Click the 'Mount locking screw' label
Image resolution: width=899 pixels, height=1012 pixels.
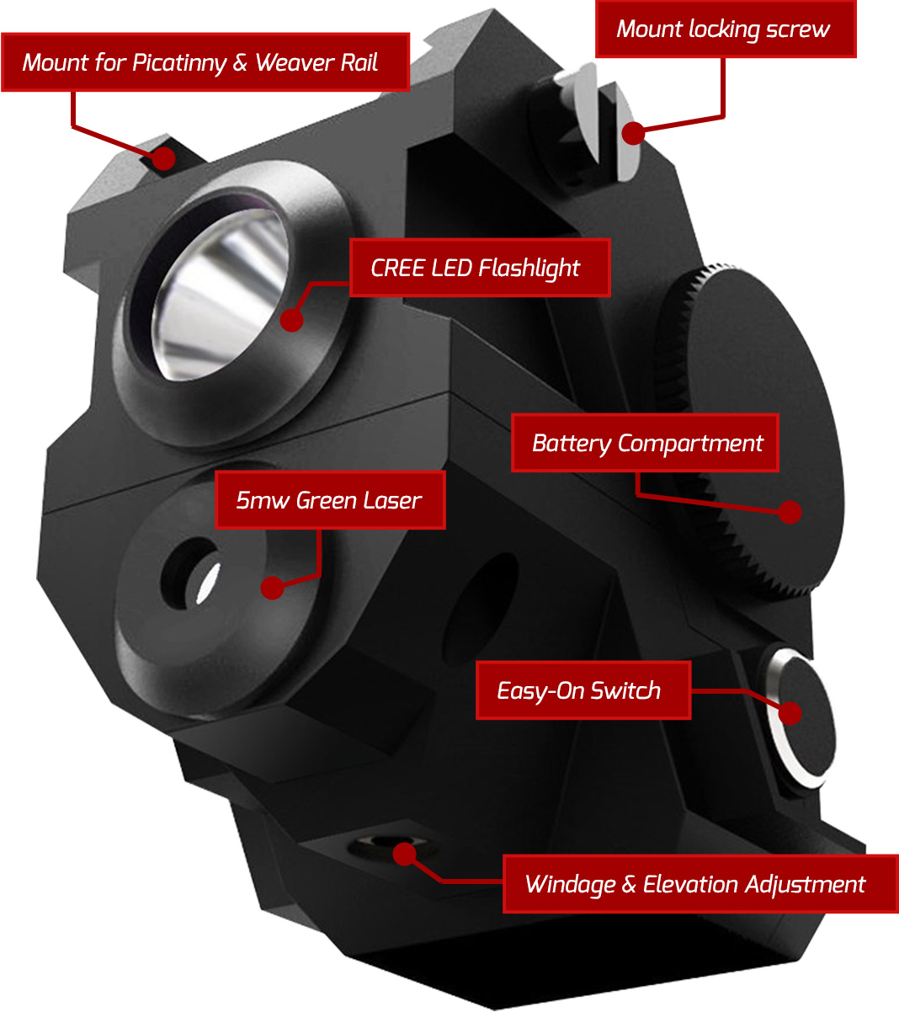(726, 29)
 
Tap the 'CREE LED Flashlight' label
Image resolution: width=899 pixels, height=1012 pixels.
(480, 268)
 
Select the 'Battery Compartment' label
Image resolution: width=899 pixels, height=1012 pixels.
(645, 443)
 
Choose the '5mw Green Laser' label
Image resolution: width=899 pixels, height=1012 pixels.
(330, 500)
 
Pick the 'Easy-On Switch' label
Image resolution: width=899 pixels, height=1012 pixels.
(583, 691)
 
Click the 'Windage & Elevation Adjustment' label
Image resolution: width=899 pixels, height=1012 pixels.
(700, 885)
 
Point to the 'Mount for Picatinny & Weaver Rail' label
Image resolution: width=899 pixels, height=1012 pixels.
(205, 62)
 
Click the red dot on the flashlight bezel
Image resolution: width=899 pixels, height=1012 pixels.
(292, 320)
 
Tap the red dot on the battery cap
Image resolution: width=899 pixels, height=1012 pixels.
(790, 513)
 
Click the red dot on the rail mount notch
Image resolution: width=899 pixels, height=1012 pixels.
(163, 158)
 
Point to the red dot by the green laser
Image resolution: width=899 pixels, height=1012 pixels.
(273, 588)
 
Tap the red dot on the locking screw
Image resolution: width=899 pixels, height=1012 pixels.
(633, 133)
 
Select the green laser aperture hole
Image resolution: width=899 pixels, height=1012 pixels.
(191, 573)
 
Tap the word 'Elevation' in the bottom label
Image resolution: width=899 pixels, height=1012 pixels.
(689, 885)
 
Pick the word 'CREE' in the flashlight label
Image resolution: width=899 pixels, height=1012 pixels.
(398, 269)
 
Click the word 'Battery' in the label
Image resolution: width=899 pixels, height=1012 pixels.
(572, 444)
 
